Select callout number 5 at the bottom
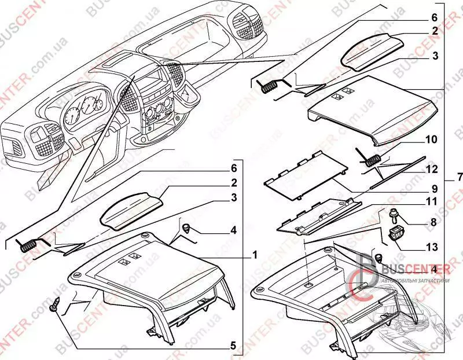coord(233,346)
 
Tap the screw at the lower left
coord(57,304)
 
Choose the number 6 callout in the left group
coord(233,167)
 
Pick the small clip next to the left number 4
coord(189,228)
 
